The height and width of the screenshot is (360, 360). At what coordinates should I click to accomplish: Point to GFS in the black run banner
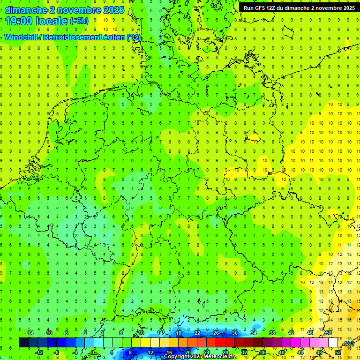(x=262, y=8)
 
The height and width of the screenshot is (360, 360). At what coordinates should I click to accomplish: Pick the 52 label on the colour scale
(x=338, y=352)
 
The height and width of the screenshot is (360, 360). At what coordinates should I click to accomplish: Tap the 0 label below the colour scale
(x=93, y=352)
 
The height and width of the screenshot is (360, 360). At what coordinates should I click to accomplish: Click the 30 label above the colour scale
(x=234, y=333)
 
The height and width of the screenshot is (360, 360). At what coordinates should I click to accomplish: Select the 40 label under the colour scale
(x=281, y=352)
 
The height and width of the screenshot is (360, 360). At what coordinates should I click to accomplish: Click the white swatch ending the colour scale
(x=333, y=343)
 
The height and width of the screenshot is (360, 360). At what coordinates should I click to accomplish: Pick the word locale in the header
(x=50, y=21)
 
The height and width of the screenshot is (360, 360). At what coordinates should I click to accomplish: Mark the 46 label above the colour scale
(x=309, y=333)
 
